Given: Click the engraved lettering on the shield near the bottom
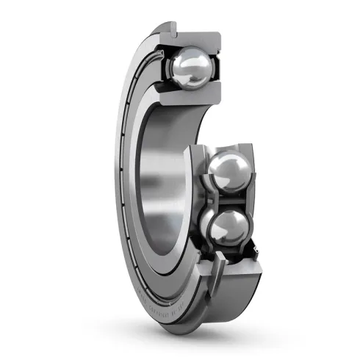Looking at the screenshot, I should (158, 298).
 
